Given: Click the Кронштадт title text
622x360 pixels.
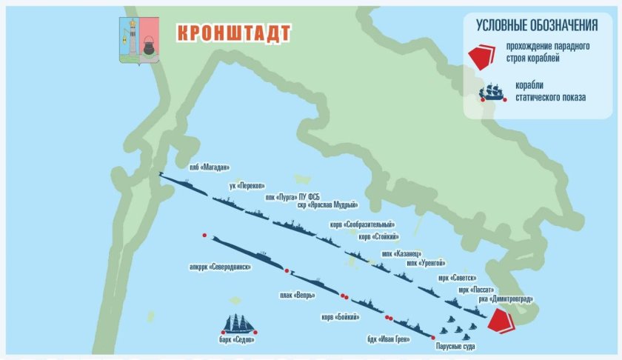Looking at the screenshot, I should (233, 33).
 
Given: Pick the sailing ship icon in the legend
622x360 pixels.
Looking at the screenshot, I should (492, 91).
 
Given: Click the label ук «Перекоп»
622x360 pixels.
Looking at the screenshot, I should (247, 185).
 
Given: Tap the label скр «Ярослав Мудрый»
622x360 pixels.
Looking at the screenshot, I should (327, 205).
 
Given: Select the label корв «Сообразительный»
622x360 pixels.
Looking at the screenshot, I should (362, 224).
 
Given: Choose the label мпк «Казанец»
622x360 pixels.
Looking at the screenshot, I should (401, 253).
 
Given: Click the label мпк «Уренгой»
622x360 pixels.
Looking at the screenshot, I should (423, 262).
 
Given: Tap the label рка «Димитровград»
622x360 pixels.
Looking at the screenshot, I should (506, 299).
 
